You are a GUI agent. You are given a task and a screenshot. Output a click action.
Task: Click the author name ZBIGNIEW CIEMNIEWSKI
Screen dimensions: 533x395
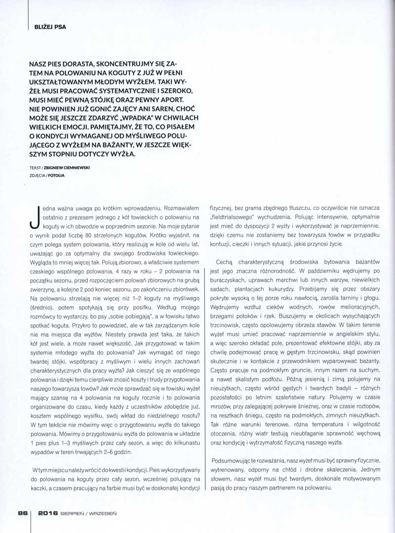71,167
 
